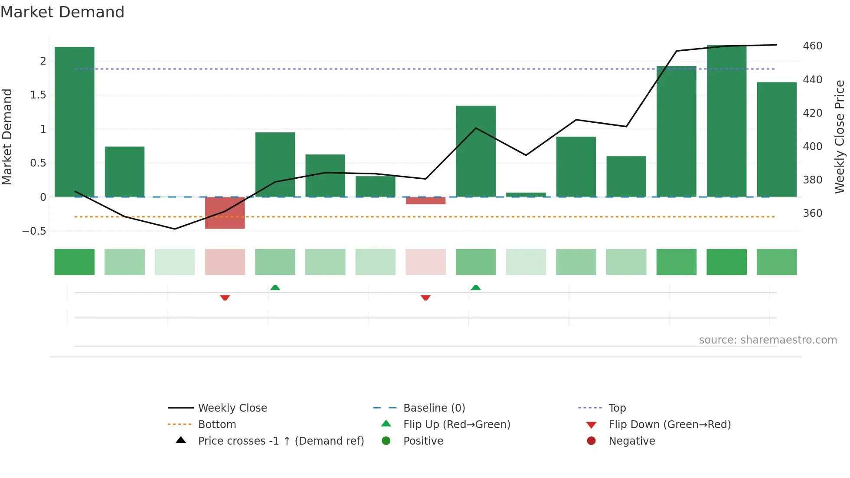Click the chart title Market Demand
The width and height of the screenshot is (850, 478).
click(62, 12)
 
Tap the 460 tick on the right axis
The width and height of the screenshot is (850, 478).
click(812, 46)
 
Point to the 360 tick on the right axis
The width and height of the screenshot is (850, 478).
click(812, 213)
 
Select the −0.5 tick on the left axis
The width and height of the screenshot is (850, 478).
click(34, 231)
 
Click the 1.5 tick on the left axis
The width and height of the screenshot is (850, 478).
click(38, 95)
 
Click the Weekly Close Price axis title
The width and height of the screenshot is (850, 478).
click(840, 137)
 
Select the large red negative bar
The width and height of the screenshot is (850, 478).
click(225, 213)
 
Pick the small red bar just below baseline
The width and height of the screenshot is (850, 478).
click(425, 201)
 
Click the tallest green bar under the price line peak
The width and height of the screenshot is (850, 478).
click(726, 121)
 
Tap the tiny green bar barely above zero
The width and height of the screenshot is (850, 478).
click(526, 195)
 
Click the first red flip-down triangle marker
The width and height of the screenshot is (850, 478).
click(225, 298)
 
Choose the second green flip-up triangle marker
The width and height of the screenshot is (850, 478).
click(476, 288)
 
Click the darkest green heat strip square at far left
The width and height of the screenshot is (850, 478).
click(74, 262)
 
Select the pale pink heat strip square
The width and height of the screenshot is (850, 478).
click(425, 262)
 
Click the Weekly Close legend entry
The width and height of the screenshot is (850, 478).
click(232, 408)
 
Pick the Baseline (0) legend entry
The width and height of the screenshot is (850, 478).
click(434, 408)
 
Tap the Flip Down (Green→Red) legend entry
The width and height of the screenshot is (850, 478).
click(669, 425)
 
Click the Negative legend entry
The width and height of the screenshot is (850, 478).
click(631, 441)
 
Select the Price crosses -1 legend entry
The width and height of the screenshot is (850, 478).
click(281, 441)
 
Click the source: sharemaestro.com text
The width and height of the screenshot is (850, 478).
click(768, 340)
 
